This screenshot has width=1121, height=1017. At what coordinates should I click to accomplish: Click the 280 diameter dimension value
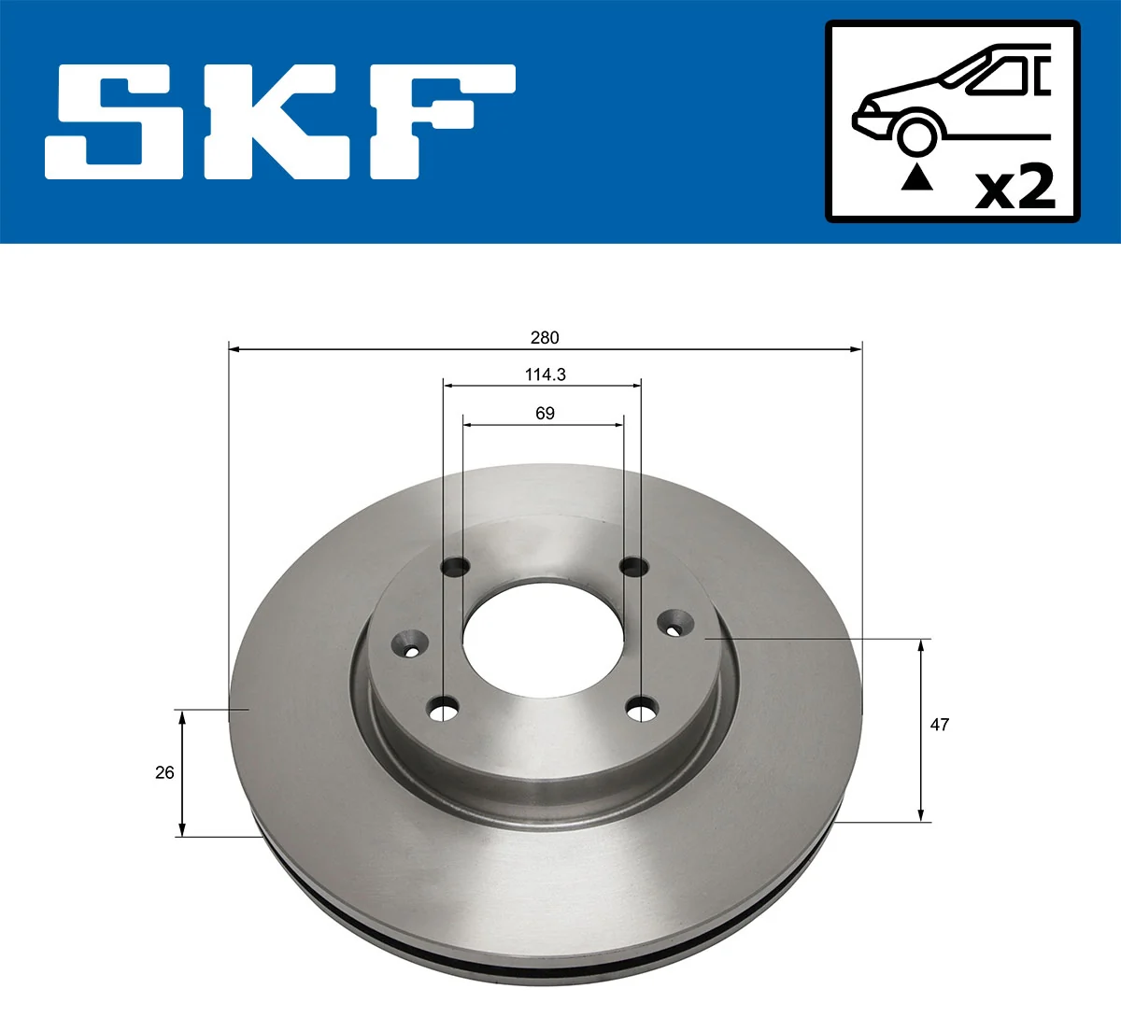coord(545,337)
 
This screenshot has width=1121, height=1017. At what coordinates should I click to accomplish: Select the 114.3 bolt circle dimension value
coord(545,374)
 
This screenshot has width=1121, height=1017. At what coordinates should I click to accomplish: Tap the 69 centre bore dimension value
coord(545,413)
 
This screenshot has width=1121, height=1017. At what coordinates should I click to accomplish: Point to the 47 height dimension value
coord(940,724)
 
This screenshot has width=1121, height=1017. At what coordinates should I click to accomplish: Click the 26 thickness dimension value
coord(164,772)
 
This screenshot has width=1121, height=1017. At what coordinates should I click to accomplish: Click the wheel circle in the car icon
coord(916,134)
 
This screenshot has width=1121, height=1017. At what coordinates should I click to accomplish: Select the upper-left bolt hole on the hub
coord(456,566)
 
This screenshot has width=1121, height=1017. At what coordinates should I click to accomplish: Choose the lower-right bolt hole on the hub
coord(642,711)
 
